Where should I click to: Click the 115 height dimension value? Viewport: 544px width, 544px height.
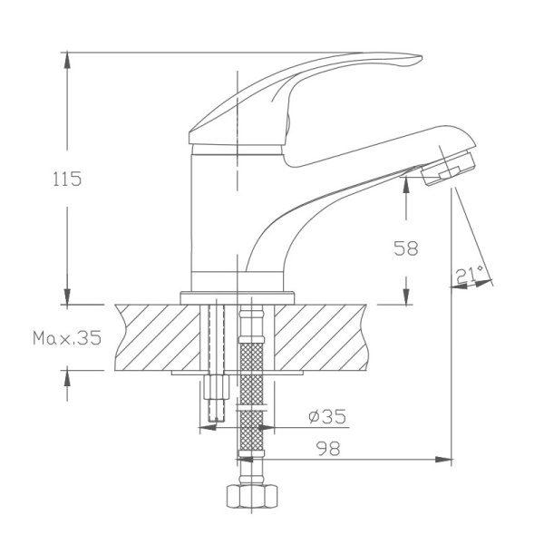[x=66, y=179]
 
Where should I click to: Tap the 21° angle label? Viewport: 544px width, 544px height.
[x=470, y=276]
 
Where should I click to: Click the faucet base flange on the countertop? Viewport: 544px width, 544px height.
[x=239, y=296]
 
